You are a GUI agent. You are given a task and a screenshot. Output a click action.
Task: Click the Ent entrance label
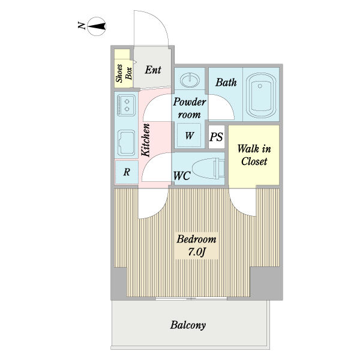pyautogui.click(x=154, y=70)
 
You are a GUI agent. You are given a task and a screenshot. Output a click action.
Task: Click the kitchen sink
pyautogui.click(x=127, y=143)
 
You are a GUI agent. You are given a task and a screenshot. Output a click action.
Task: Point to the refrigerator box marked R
pyautogui.click(x=127, y=172)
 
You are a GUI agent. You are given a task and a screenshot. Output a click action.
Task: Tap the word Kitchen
pyautogui.click(x=145, y=139)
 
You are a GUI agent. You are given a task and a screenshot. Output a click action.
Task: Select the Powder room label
pyautogui.click(x=190, y=107)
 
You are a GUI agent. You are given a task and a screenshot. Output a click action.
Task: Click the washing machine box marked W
pyautogui.click(x=190, y=136)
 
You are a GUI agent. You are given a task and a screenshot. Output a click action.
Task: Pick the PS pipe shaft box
pyautogui.click(x=216, y=137)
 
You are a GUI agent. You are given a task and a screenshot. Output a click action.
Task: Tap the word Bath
pyautogui.click(x=226, y=83)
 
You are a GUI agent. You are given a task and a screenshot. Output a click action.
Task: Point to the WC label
pyautogui.click(x=182, y=176)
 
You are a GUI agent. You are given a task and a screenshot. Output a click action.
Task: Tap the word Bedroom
pyautogui.click(x=196, y=239)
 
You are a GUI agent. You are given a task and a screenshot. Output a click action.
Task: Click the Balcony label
pyautogui.click(x=188, y=326)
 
